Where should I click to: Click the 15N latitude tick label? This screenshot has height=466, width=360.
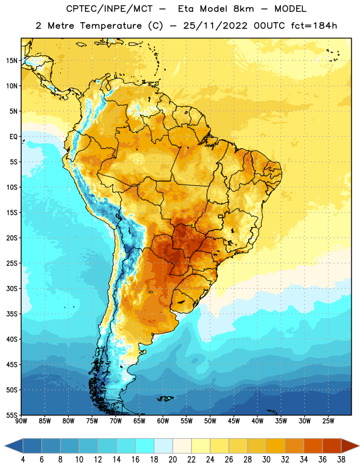point(12,61)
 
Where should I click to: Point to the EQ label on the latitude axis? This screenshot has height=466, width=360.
point(13,137)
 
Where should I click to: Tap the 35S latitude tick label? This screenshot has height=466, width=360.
point(12,314)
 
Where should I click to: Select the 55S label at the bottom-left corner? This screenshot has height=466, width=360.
point(12,415)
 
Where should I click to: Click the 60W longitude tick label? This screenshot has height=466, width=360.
point(163,421)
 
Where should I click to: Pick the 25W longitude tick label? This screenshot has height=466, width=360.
point(328,421)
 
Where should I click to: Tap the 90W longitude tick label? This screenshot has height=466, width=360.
point(21,421)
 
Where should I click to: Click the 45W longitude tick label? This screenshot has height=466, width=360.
point(234,421)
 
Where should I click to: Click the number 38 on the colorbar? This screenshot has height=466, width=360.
point(341,460)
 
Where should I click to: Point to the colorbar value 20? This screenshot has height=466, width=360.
point(172,460)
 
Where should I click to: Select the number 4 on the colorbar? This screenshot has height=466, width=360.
point(23,460)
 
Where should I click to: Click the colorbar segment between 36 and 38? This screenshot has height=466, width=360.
point(332,446)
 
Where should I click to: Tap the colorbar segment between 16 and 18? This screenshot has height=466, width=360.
point(145,446)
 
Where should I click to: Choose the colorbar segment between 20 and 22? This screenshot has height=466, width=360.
point(182,446)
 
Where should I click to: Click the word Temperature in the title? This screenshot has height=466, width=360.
point(111,26)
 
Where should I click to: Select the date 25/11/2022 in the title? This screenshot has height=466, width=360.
point(215,26)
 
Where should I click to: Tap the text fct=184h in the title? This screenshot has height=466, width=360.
point(314,26)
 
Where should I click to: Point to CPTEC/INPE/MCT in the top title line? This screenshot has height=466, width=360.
point(109,9)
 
